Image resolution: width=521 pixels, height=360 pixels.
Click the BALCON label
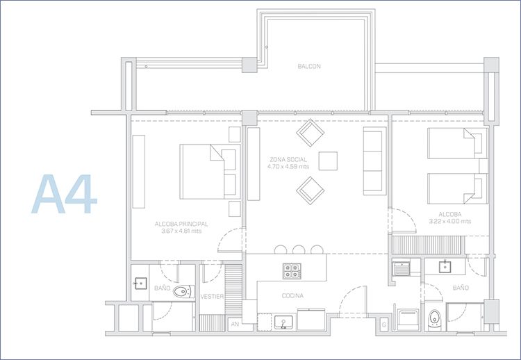(309, 66)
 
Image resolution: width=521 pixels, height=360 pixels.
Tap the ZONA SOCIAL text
(288, 160)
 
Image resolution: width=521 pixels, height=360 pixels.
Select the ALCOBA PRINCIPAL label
(181, 224)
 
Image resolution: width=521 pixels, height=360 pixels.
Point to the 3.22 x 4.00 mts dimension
(450, 221)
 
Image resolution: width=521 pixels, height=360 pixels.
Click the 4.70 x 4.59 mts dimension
(288, 166)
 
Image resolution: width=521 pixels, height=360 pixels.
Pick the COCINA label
(292, 295)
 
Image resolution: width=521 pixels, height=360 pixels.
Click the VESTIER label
(212, 296)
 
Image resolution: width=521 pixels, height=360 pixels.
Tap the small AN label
(235, 324)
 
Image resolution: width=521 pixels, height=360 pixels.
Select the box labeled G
(384, 325)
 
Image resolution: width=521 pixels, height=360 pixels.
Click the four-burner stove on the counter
(292, 271)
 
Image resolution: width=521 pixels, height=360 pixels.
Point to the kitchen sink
(283, 322)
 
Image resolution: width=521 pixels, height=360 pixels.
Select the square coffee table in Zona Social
(328, 161)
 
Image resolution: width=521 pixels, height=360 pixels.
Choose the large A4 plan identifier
(64, 194)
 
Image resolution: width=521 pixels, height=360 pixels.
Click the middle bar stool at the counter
(299, 249)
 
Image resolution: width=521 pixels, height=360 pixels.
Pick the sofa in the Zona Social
(374, 161)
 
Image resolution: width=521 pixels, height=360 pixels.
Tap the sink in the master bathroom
(141, 284)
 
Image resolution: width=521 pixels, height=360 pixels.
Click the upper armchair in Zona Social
(310, 133)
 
